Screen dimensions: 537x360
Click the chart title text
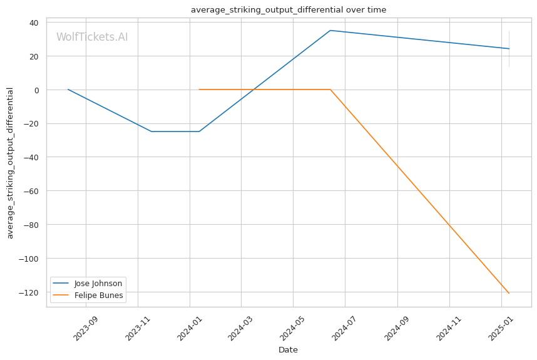click(289, 9)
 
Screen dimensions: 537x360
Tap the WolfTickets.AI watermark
click(92, 37)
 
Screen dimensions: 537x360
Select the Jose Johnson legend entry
click(88, 283)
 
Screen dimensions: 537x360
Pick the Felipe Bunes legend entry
click(88, 296)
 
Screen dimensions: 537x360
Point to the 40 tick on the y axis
click(34, 23)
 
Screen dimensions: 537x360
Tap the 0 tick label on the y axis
click(36, 90)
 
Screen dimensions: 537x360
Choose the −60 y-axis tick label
click(31, 191)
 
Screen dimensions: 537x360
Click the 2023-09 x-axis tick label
click(86, 329)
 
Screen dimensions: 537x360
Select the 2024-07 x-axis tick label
click(344, 329)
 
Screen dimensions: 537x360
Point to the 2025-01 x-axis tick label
click(501, 329)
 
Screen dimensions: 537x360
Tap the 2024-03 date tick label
click(240, 329)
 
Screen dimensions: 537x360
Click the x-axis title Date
click(288, 350)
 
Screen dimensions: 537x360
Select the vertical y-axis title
click(10, 163)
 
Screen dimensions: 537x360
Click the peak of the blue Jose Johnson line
click(330, 31)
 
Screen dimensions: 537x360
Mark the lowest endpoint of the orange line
click(509, 293)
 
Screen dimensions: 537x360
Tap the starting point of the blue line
click(68, 90)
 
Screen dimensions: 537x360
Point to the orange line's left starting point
click(199, 90)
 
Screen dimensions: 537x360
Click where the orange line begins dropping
click(330, 90)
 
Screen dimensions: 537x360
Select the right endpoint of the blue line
click(509, 49)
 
